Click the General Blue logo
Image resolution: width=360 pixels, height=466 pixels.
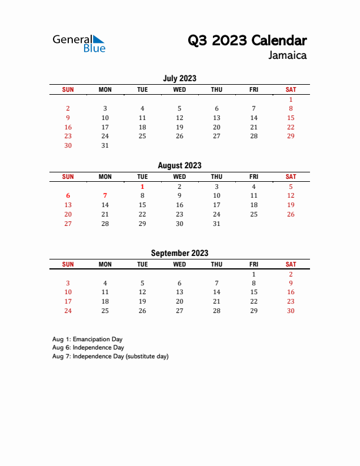click(79, 43)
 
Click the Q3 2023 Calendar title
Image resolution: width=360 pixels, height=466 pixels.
click(246, 41)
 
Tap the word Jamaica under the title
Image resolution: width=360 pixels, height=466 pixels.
click(287, 56)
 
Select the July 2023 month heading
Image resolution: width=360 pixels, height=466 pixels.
click(179, 78)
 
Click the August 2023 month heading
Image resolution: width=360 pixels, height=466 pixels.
click(179, 166)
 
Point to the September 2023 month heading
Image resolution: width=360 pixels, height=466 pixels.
click(179, 254)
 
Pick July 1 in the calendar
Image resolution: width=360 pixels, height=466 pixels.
click(291, 99)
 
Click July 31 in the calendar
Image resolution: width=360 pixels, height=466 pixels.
click(105, 145)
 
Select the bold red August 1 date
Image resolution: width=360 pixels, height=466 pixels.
click(142, 187)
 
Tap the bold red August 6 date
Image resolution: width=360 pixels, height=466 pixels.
click(68, 195)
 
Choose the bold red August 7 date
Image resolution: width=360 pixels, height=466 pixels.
click(105, 195)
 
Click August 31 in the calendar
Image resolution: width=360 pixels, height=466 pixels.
click(216, 224)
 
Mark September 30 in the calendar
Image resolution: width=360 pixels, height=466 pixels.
click(291, 311)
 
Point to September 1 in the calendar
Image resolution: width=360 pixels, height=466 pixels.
click(254, 274)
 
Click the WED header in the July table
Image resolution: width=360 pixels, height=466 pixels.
click(179, 89)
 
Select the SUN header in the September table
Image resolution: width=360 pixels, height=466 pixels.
click(68, 265)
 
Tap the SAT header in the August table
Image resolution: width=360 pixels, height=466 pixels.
click(291, 177)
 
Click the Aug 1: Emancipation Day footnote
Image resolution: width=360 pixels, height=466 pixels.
click(87, 339)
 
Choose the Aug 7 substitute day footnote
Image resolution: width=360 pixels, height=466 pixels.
click(110, 357)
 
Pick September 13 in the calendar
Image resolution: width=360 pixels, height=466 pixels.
click(179, 292)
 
